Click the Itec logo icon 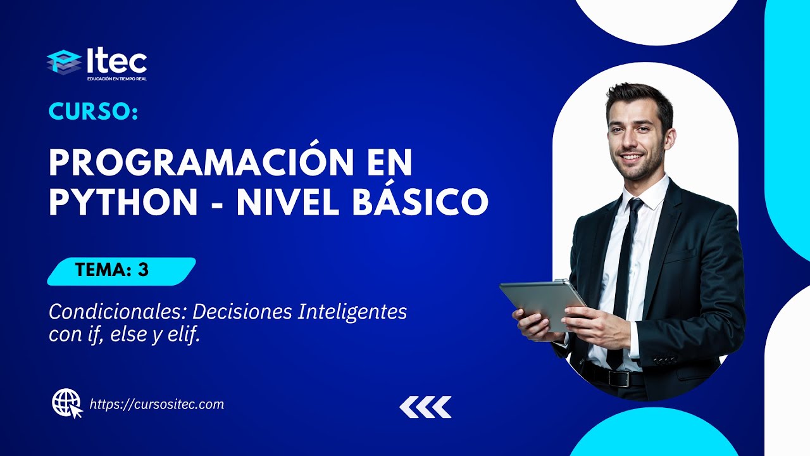(x=64, y=62)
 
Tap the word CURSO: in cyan (x=93, y=112)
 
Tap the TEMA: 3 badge (x=121, y=270)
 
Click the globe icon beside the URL (x=66, y=403)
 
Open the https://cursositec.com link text (x=157, y=404)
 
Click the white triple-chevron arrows (x=425, y=407)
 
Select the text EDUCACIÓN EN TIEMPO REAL (x=117, y=79)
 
